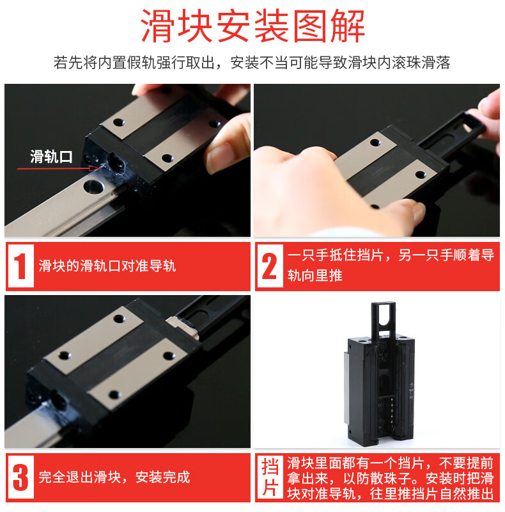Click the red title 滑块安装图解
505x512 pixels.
click(x=253, y=26)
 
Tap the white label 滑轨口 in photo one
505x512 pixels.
click(x=51, y=157)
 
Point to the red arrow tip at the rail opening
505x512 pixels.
click(x=99, y=168)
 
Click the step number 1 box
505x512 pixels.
click(x=20, y=266)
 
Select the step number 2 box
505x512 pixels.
click(x=270, y=266)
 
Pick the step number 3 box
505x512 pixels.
click(x=20, y=477)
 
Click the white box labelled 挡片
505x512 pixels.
click(x=270, y=477)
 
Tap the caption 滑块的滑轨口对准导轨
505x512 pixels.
click(x=107, y=266)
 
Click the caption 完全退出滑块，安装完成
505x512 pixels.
click(x=114, y=477)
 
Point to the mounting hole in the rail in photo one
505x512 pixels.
click(x=94, y=186)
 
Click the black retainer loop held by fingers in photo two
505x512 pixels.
click(x=463, y=129)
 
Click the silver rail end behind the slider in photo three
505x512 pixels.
click(x=184, y=326)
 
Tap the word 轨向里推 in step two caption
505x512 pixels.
click(x=315, y=275)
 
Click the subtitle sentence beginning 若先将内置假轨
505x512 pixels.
click(x=252, y=63)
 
